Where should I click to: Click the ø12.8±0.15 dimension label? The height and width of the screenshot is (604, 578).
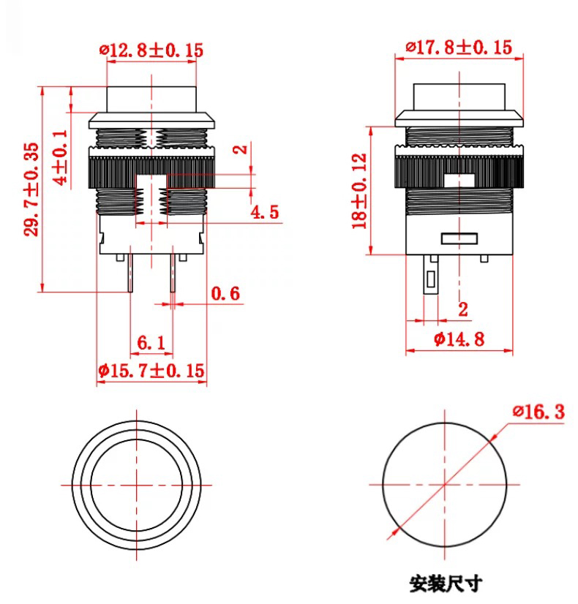[x=151, y=50]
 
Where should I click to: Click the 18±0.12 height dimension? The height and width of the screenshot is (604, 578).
[x=359, y=191]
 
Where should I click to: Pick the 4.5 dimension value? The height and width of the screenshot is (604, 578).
[x=264, y=213]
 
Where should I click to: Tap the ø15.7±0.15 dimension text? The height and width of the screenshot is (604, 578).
[x=151, y=371]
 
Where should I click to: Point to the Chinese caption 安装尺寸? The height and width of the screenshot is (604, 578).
[x=446, y=584]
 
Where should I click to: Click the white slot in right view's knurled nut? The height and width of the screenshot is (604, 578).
[x=459, y=177]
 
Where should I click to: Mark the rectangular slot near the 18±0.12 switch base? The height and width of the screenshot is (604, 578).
[x=459, y=238]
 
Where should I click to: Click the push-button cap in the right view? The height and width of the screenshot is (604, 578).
[x=459, y=97]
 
